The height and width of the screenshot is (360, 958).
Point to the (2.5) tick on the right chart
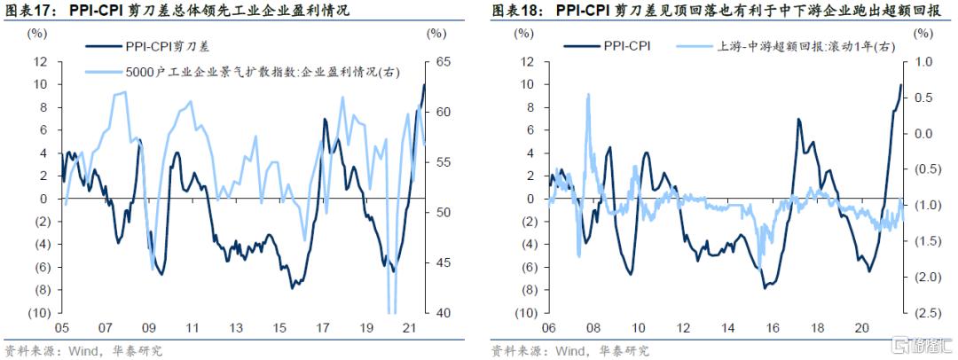tap(923, 313)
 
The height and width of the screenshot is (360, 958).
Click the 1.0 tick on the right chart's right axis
tap(923, 62)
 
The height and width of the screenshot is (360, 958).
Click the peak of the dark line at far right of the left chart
tap(424, 84)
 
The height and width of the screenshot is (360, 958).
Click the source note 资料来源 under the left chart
tap(27, 349)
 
